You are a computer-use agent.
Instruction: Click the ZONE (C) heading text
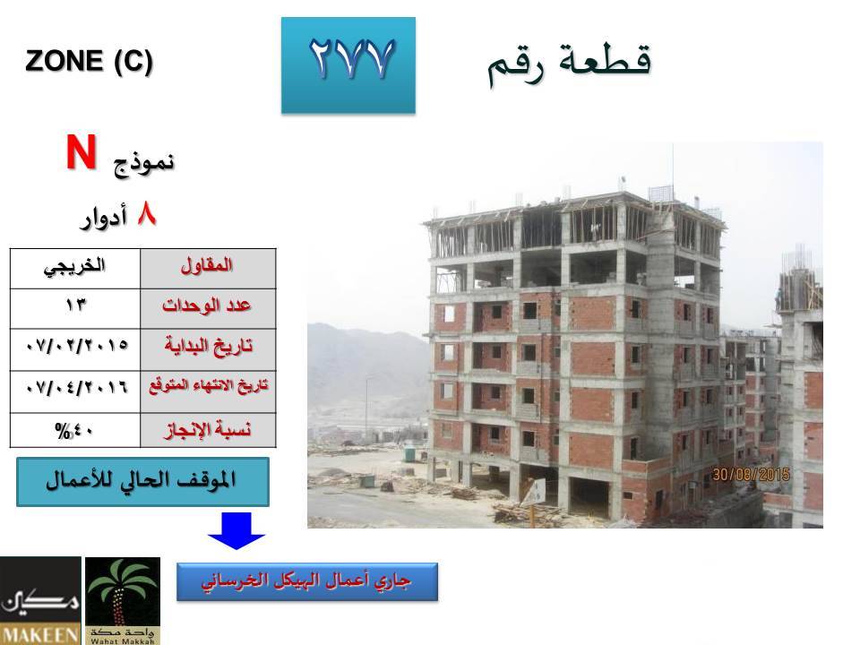tap(89, 60)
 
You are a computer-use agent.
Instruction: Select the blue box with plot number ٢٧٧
tap(348, 65)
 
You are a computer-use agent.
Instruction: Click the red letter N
tap(82, 152)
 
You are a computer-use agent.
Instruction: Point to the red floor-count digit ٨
tap(147, 214)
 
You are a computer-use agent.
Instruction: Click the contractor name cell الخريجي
tap(75, 268)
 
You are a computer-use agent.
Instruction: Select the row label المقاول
tap(207, 268)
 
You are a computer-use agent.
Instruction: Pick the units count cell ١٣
tap(75, 308)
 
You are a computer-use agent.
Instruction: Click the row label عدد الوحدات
tap(207, 308)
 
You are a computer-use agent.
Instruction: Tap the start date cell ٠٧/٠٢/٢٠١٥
tap(75, 348)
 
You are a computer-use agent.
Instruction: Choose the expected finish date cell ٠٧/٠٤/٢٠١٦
tap(75, 391)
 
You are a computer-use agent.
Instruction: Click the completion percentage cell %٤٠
tap(75, 430)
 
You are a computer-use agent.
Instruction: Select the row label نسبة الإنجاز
tap(207, 430)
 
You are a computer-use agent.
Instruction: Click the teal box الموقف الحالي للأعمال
tap(142, 482)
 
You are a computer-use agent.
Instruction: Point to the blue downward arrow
tap(236, 530)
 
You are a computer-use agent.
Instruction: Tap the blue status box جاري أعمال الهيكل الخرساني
tap(307, 581)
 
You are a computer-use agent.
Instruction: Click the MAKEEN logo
tap(40, 600)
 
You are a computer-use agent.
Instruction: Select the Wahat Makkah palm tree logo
tap(123, 600)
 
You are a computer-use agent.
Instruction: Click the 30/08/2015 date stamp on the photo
tap(751, 475)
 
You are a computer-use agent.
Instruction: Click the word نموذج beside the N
tap(143, 163)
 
